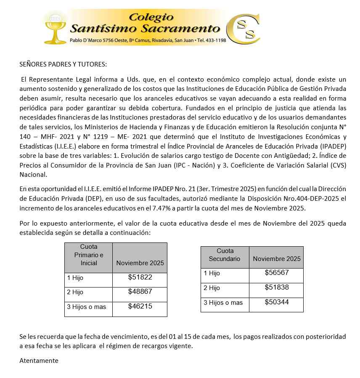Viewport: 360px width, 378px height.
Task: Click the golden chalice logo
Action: click(x=55, y=27)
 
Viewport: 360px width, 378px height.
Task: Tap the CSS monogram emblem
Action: click(x=244, y=29)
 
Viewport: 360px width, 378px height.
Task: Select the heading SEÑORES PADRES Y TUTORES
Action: click(x=64, y=64)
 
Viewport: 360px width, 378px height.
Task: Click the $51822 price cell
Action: click(x=140, y=277)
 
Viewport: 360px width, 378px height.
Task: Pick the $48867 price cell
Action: click(x=140, y=291)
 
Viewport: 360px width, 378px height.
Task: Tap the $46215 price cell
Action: click(x=140, y=306)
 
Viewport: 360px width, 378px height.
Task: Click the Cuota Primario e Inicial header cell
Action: click(x=89, y=255)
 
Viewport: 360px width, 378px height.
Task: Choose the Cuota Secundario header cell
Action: click(x=225, y=255)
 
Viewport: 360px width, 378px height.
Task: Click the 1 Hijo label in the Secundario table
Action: click(x=212, y=273)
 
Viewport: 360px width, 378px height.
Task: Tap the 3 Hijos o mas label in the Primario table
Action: click(x=87, y=307)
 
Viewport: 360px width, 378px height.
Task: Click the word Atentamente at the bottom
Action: click(x=39, y=361)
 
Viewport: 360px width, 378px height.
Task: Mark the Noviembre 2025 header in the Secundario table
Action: click(x=277, y=259)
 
